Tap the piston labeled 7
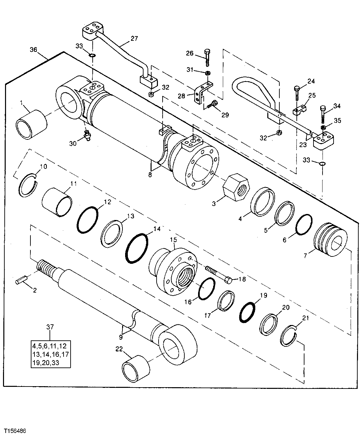tap(330, 239)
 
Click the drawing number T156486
tap(15, 430)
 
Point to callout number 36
tap(33, 49)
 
